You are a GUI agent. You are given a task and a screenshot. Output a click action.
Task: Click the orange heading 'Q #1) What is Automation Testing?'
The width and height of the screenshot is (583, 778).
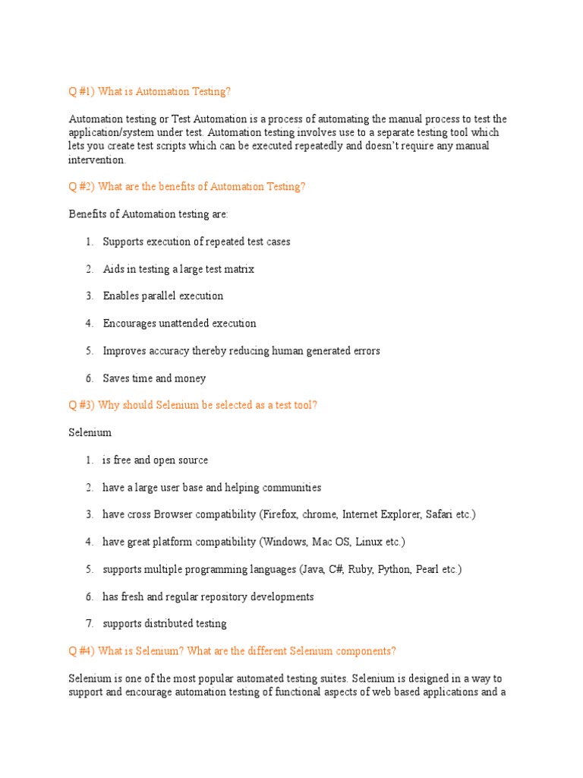tap(150, 92)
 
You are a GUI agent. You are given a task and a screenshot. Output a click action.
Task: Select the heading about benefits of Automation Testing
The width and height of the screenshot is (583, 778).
tap(187, 187)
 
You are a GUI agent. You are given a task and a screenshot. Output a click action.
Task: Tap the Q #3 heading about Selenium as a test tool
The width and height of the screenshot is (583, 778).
tap(193, 405)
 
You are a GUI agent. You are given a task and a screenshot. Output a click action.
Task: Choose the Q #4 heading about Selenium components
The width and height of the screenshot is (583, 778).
tap(232, 651)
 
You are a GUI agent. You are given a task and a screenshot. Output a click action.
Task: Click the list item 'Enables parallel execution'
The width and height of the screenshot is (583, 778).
tap(163, 296)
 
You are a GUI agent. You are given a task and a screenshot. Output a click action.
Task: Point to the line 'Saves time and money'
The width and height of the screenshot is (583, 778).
tap(154, 378)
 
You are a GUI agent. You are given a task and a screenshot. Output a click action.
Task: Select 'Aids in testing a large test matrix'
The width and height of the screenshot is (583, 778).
tap(178, 269)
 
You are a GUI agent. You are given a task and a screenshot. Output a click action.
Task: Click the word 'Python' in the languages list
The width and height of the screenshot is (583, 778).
tap(395, 569)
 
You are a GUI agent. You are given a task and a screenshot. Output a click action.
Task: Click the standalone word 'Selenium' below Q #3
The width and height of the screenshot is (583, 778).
tap(90, 432)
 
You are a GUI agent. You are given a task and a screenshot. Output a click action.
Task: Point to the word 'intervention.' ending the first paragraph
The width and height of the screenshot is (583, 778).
tap(98, 160)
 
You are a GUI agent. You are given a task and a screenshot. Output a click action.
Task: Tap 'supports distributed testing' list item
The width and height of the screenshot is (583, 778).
tap(165, 624)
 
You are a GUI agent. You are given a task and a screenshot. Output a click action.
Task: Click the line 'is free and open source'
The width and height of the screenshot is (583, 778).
tap(155, 460)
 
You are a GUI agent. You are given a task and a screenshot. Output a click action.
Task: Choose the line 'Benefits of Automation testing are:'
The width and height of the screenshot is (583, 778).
tap(149, 214)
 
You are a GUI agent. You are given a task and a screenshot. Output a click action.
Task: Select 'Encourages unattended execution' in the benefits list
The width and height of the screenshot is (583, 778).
tap(179, 324)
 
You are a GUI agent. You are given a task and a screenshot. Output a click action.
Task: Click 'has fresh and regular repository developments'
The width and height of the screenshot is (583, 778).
tap(208, 596)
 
